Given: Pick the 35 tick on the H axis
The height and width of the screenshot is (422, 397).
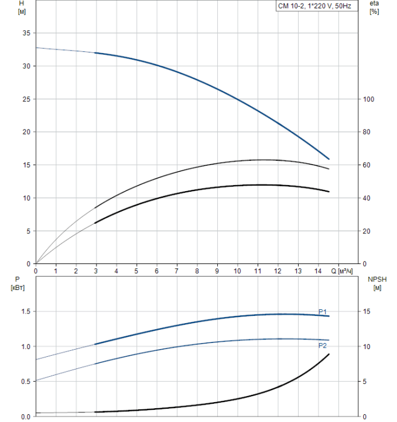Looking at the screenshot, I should pyautogui.click(x=26, y=33).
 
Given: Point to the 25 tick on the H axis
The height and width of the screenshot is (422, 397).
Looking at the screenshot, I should pyautogui.click(x=26, y=99).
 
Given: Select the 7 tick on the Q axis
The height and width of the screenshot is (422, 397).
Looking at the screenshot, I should pyautogui.click(x=177, y=271).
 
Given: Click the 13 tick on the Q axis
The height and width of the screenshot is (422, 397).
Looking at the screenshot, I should pyautogui.click(x=297, y=271).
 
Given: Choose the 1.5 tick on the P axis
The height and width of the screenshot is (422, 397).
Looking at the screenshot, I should pyautogui.click(x=25, y=312).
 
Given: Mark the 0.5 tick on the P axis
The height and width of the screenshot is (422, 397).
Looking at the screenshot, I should pyautogui.click(x=25, y=382).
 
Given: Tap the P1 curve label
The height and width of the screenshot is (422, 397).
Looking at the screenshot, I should pyautogui.click(x=323, y=312).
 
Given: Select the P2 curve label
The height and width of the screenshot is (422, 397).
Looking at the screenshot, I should pyautogui.click(x=323, y=345).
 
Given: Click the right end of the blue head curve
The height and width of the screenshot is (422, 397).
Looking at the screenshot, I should pyautogui.click(x=329, y=159).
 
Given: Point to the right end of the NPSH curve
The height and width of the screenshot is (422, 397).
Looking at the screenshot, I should pyautogui.click(x=329, y=354).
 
